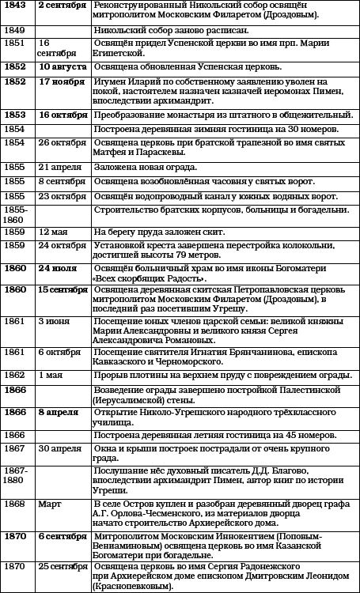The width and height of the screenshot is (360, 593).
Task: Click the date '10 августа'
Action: [63, 66]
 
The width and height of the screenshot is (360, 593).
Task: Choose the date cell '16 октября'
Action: [64, 115]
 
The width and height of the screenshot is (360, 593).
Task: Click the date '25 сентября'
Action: [63, 566]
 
